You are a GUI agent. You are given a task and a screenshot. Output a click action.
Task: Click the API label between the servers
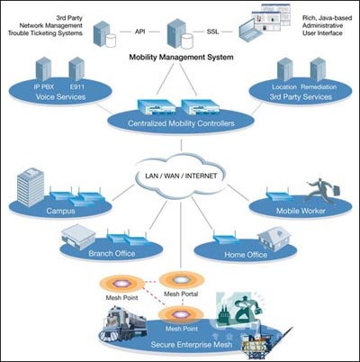(x=140, y=32)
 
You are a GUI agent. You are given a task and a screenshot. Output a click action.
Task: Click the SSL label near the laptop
(x=212, y=32)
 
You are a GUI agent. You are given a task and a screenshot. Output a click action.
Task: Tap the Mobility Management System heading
(x=181, y=57)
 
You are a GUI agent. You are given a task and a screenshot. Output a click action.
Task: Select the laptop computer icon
(x=251, y=32)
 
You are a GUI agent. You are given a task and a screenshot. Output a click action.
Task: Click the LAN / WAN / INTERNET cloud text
(x=181, y=176)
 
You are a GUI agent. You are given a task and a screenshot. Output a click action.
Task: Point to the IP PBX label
(x=44, y=87)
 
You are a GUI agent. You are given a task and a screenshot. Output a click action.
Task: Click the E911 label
(x=77, y=87)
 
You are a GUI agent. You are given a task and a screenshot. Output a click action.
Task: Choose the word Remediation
(x=319, y=87)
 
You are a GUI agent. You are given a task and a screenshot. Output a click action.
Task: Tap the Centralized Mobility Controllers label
(x=181, y=123)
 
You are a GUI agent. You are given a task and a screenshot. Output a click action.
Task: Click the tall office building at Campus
(x=31, y=186)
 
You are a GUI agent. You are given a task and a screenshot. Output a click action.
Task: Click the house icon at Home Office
(x=274, y=238)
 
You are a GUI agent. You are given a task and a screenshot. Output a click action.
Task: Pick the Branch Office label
(x=112, y=254)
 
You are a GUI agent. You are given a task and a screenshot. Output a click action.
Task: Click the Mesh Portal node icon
(x=182, y=280)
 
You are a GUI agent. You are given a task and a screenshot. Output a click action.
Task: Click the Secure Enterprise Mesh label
(x=192, y=344)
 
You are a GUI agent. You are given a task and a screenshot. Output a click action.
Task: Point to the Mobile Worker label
(x=301, y=211)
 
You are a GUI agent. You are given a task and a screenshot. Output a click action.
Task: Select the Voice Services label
(x=60, y=96)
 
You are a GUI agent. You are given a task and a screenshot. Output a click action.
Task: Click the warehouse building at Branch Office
(x=78, y=237)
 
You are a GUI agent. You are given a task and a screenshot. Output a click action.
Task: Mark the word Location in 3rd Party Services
(x=284, y=87)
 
